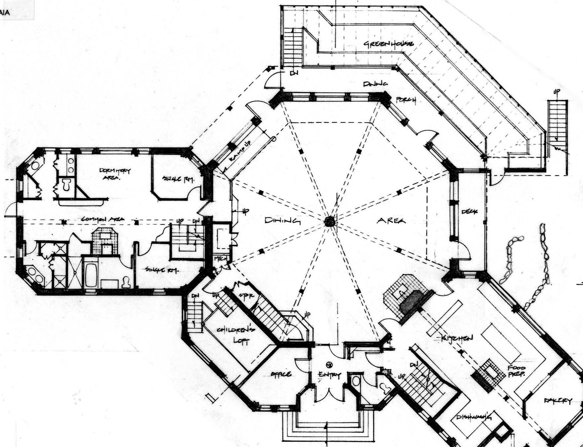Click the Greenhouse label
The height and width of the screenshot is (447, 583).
[x=388, y=44]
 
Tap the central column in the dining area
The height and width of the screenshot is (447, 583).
[x=329, y=222]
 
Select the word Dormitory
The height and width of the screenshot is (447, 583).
[x=115, y=171]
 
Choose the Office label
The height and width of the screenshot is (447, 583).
[x=281, y=374]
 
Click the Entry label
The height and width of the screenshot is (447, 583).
[x=329, y=375]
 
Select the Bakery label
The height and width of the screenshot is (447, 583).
[x=558, y=400]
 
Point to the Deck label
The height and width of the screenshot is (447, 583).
[x=469, y=212]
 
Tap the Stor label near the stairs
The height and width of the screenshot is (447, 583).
[x=246, y=296]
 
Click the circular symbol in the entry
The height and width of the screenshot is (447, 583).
[x=329, y=364]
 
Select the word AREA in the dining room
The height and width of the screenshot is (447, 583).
[x=391, y=220]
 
